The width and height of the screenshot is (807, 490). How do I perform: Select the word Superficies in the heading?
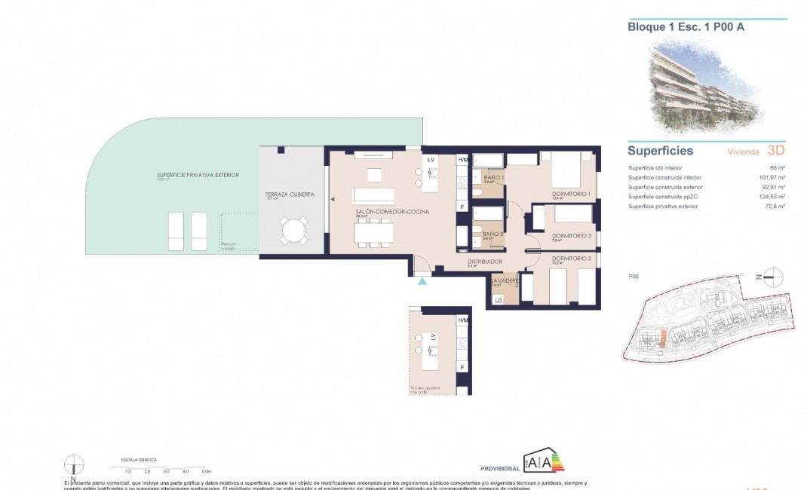[x=660, y=151]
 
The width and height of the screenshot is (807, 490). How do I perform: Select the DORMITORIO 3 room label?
[x=571, y=236]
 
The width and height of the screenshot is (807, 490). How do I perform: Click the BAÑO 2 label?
[x=493, y=234]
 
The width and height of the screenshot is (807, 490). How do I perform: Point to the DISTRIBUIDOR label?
[x=485, y=262]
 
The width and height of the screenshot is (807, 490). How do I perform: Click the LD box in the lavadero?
[x=498, y=300]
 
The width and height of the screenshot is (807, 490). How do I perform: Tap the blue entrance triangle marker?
[x=423, y=281]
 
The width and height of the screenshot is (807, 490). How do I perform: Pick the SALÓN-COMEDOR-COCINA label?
[x=392, y=212]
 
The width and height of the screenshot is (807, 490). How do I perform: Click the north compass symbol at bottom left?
[x=74, y=465]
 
